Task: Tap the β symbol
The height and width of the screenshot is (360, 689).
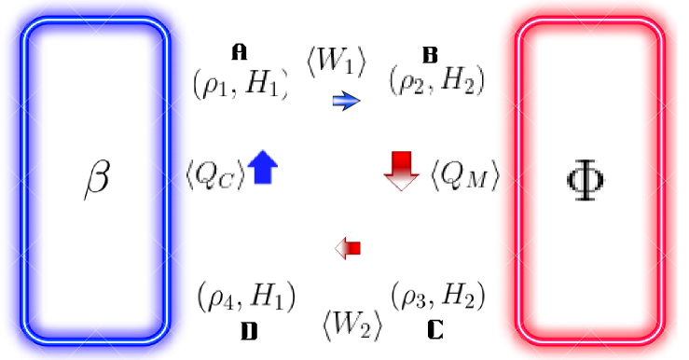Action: pos(97,178)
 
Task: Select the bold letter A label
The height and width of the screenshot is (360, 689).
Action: pos(241,49)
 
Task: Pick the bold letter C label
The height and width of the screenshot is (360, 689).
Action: pos(435,329)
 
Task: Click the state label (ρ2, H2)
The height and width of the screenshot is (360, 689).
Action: pos(437,82)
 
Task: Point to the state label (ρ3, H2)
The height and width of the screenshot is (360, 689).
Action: pos(437,296)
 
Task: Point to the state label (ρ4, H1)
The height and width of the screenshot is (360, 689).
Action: pos(246,296)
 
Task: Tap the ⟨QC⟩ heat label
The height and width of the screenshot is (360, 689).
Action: pos(215,174)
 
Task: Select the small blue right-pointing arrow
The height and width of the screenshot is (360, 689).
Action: pos(345,101)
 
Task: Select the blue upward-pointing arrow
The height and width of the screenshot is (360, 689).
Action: pos(262,167)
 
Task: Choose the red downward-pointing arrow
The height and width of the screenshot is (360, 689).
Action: pos(403,170)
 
